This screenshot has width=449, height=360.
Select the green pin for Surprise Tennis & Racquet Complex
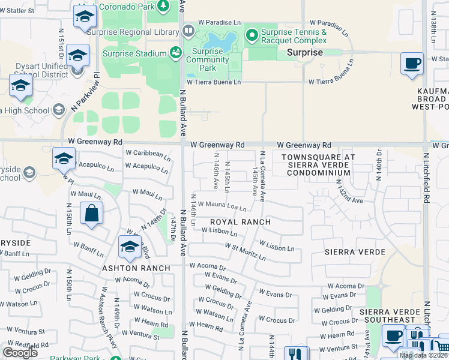[252, 36]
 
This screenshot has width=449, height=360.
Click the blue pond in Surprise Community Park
[220, 41]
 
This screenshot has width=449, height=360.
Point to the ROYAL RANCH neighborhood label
[240, 222]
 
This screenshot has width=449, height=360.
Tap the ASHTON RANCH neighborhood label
[132, 268]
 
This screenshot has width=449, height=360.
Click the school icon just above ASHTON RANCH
[130, 247]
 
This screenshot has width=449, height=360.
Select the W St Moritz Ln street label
[246, 252]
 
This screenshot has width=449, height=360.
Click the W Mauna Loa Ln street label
[222, 207]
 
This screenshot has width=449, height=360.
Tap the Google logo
[20, 353]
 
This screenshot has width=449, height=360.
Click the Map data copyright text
[424, 355]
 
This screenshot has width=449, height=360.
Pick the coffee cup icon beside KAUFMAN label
[412, 64]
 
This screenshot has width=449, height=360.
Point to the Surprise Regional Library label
[133, 32]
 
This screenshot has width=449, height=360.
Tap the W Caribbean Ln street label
[148, 154]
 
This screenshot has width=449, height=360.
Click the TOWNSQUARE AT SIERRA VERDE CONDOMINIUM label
[318, 164]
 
